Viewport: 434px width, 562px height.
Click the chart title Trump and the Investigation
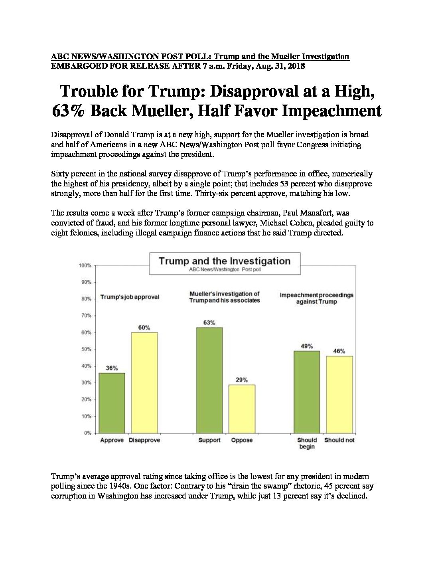[225, 261]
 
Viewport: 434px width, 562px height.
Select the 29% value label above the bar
[242, 380]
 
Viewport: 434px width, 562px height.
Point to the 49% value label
[307, 346]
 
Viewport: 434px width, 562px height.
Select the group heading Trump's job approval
[130, 297]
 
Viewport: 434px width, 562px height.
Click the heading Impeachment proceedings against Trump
[317, 299]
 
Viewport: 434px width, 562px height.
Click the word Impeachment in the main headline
[331, 111]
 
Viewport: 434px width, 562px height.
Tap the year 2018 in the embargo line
[296, 66]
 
